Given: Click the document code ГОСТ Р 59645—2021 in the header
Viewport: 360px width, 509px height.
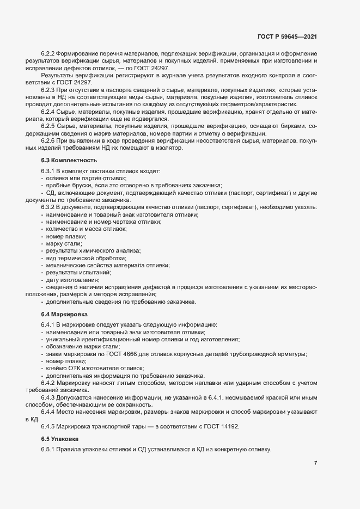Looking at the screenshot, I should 287,37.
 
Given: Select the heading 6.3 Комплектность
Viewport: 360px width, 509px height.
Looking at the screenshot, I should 69,161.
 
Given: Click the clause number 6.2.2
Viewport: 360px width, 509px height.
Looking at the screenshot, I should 48,54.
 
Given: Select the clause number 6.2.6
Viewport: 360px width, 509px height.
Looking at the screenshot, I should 48,140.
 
